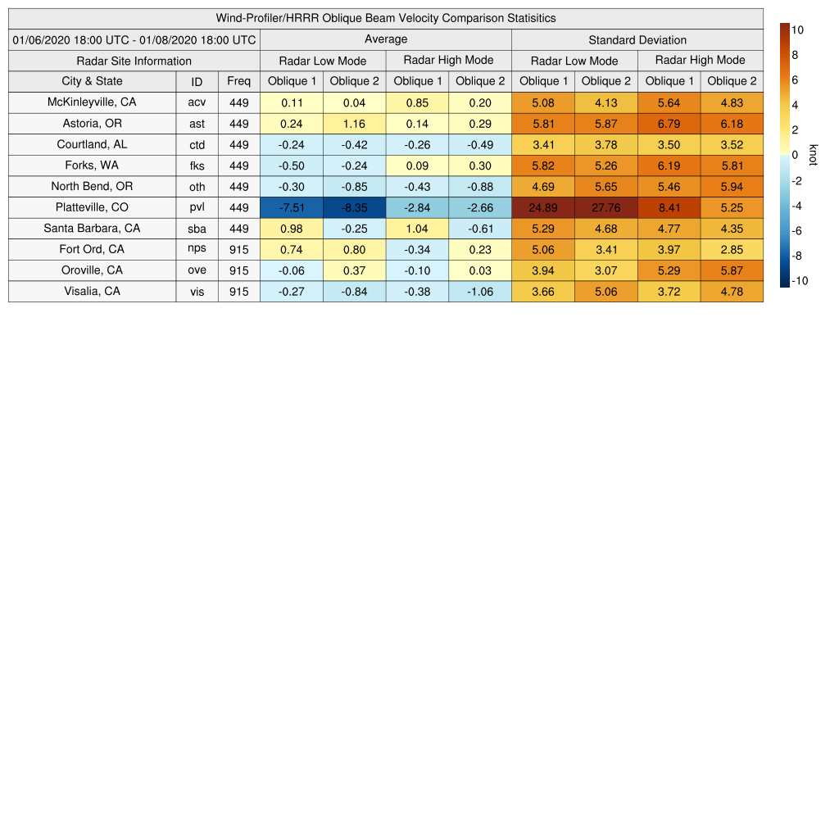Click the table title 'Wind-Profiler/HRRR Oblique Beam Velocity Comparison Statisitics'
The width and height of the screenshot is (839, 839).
(386, 18)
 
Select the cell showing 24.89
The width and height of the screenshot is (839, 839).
(543, 207)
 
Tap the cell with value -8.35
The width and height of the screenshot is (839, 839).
(355, 207)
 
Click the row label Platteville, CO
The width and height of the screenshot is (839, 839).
(92, 207)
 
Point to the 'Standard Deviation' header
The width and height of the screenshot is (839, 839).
(637, 39)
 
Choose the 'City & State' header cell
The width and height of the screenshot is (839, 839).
(92, 81)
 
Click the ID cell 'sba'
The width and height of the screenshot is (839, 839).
(197, 229)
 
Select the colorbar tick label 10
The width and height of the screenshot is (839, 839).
(797, 29)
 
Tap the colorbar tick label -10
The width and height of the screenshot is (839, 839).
(800, 280)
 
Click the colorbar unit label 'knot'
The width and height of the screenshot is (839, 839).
(813, 155)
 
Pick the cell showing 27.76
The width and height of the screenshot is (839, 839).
(606, 207)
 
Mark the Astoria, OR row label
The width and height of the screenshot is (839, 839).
(92, 124)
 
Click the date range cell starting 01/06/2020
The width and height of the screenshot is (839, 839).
(134, 39)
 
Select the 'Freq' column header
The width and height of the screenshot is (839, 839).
(239, 81)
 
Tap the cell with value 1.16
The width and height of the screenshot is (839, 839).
(355, 124)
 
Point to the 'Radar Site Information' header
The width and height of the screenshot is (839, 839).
(134, 61)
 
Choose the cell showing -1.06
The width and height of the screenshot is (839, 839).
(480, 291)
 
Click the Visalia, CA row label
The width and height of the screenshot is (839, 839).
(92, 291)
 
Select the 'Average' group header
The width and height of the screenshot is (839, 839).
(386, 39)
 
